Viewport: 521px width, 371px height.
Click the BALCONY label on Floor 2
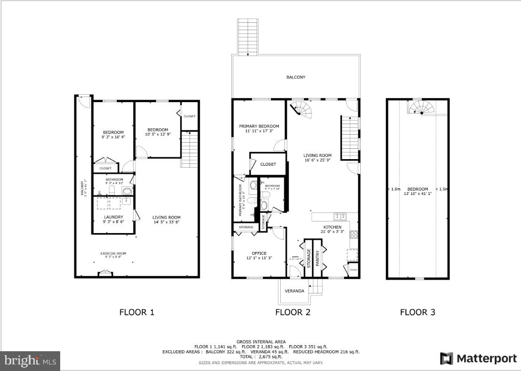click(296, 77)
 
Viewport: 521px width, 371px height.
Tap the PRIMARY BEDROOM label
click(259, 126)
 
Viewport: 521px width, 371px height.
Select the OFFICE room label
click(259, 253)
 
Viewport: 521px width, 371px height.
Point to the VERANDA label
click(295, 291)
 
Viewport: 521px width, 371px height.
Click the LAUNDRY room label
click(113, 217)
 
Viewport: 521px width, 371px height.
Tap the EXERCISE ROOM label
click(113, 254)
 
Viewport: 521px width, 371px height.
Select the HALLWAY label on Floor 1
click(81, 188)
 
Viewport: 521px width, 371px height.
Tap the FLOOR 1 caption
click(136, 312)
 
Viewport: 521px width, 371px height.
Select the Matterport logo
click(478, 358)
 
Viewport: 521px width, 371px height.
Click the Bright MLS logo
click(30, 361)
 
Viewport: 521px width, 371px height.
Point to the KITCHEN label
click(332, 227)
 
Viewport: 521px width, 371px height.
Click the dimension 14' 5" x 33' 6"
click(166, 222)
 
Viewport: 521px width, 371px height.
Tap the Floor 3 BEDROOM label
click(418, 189)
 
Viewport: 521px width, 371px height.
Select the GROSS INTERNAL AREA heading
click(260, 342)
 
